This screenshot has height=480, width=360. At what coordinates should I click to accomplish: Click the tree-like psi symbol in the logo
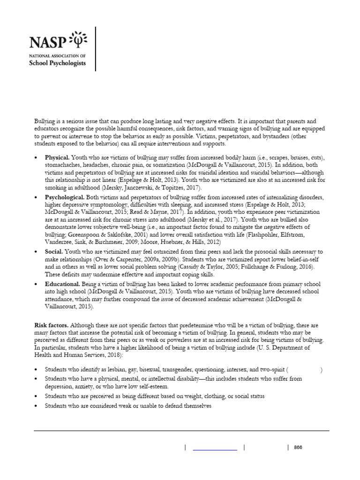pyautogui.click(x=78, y=40)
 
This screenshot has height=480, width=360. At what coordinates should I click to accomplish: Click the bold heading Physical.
pyautogui.click(x=57, y=158)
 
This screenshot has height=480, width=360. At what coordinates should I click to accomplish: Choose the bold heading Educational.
pyautogui.click(x=62, y=284)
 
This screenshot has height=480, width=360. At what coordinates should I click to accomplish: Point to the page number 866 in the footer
pyautogui.click(x=298, y=447)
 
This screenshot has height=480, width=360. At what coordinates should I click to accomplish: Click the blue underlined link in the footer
pyautogui.click(x=215, y=448)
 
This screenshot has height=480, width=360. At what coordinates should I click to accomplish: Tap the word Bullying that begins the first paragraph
pyautogui.click(x=45, y=121)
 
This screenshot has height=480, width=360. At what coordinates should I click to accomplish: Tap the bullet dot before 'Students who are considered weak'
pyautogui.click(x=36, y=406)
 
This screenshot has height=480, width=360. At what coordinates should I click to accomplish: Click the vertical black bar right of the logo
pyautogui.click(x=96, y=49)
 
